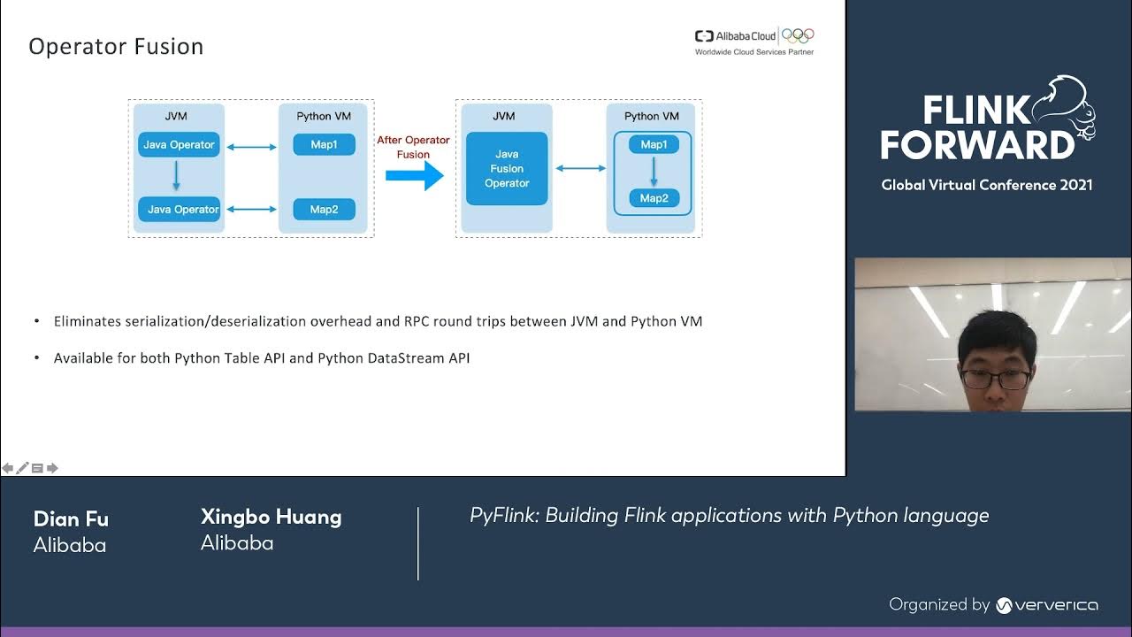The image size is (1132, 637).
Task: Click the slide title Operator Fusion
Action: pyautogui.click(x=116, y=47)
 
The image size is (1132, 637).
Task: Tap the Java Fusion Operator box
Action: pyautogui.click(x=507, y=168)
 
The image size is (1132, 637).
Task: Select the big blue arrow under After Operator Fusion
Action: pyautogui.click(x=414, y=175)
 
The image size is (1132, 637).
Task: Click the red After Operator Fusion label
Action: pyautogui.click(x=413, y=147)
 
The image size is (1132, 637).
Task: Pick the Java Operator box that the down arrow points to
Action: pyautogui.click(x=179, y=210)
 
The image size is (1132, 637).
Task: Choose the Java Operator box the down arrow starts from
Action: pyautogui.click(x=179, y=145)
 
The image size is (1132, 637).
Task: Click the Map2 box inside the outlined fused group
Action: pyautogui.click(x=654, y=198)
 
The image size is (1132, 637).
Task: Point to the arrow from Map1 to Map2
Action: pyautogui.click(x=654, y=172)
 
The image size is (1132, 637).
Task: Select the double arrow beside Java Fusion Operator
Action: pyautogui.click(x=580, y=168)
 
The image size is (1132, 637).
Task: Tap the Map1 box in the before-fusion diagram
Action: pyautogui.click(x=324, y=144)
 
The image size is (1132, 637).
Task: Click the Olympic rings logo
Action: pyautogui.click(x=798, y=36)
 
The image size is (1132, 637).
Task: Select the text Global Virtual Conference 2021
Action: pyautogui.click(x=986, y=185)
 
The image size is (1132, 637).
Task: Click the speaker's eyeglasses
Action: pyautogui.click(x=995, y=380)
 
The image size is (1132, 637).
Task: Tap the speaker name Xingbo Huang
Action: pyautogui.click(x=271, y=517)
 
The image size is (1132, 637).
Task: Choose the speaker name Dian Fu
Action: pyautogui.click(x=71, y=518)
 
